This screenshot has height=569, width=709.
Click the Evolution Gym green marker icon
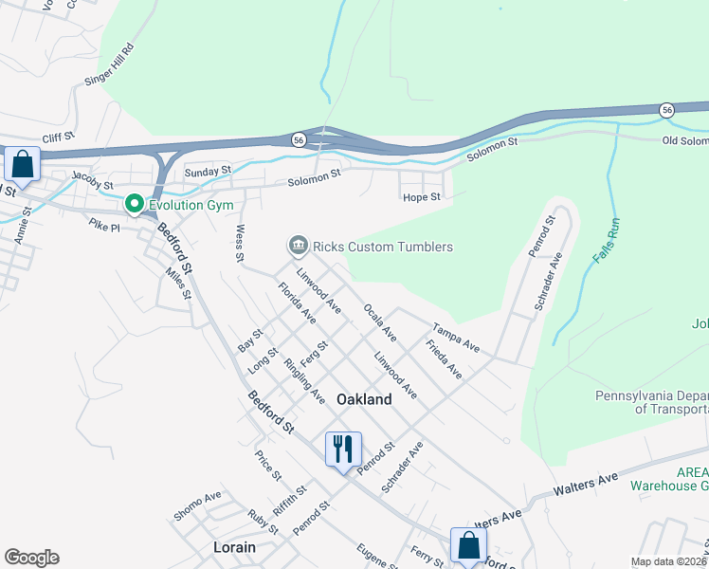(x=135, y=204)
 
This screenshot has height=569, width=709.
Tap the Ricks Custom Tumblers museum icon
(x=298, y=247)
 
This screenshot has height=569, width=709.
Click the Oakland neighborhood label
(x=364, y=400)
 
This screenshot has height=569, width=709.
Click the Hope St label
(x=422, y=197)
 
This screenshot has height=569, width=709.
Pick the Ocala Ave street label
(x=379, y=321)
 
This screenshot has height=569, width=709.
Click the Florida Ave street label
(x=297, y=303)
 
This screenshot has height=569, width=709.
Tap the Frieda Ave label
(x=444, y=360)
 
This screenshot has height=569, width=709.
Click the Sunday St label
(x=208, y=172)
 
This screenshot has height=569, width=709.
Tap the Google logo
(x=31, y=558)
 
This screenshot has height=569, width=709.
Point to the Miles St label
(x=178, y=283)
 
